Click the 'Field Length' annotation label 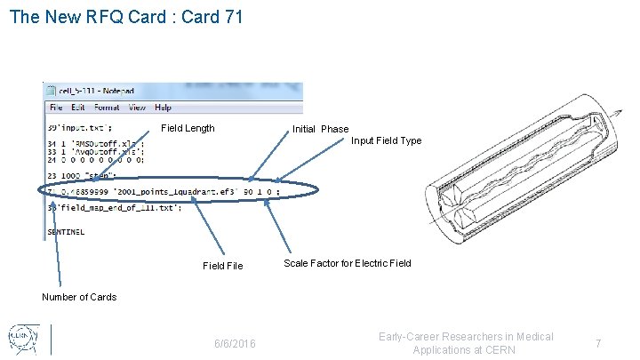point(188,128)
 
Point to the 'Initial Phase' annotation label point(320,129)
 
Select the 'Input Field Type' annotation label point(386,140)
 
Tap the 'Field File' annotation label point(222,266)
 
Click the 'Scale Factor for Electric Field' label point(347,263)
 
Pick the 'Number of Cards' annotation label point(79,297)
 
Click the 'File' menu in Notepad point(56,108)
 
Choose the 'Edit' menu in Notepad point(78,108)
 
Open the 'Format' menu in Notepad point(107,108)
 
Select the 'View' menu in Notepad point(137,108)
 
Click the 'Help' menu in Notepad point(163,108)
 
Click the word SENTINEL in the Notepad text point(67,232)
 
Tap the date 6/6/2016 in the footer point(235,343)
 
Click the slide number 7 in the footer point(599,343)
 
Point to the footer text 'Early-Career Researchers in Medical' point(466,336)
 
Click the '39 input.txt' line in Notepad point(79,127)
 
